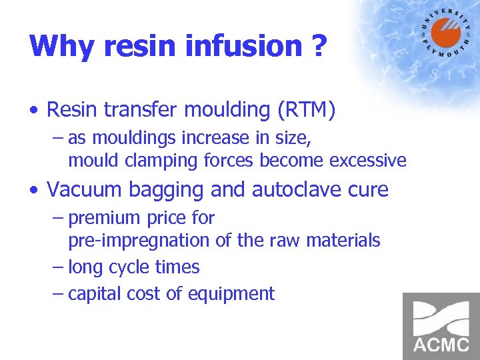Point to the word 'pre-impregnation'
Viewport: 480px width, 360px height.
[141, 240]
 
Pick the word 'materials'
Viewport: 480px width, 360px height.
[343, 240]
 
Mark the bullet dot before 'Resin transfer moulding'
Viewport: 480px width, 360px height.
[35, 111]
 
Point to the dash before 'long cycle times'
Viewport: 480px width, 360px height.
[58, 268]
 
